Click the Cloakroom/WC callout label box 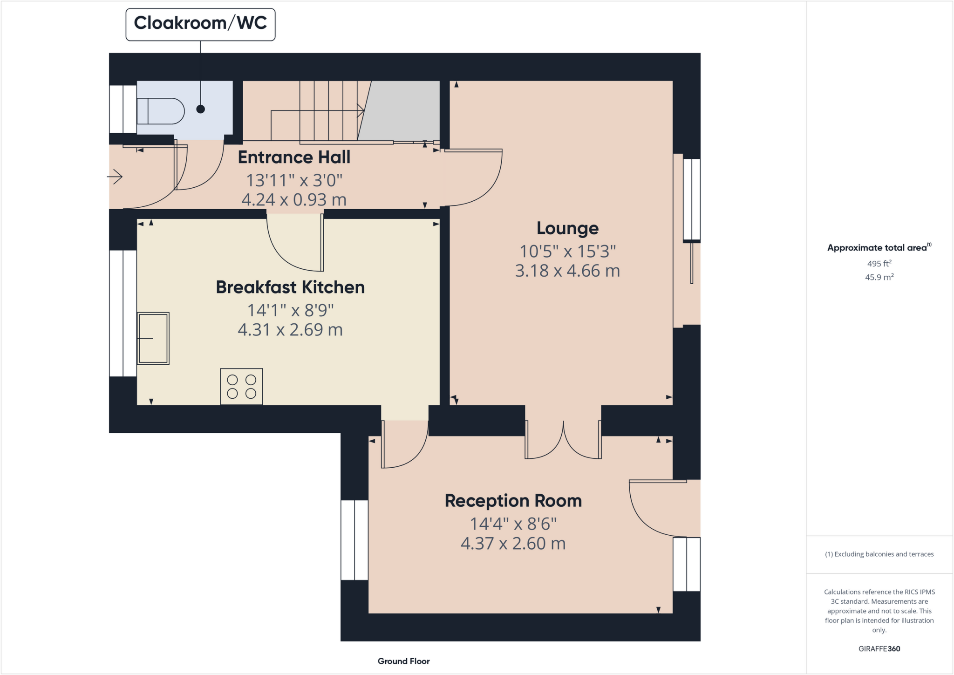pos(200,24)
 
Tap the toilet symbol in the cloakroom pos(161,111)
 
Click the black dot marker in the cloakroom pos(201,109)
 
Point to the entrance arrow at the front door pos(115,177)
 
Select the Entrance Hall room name pos(294,157)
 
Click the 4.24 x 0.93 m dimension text pos(294,200)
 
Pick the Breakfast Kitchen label pos(290,287)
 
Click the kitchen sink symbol pos(153,338)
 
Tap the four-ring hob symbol pos(241,387)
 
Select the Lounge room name pos(567,228)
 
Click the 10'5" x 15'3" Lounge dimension pos(567,252)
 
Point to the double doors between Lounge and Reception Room pos(563,440)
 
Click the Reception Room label pos(513,501)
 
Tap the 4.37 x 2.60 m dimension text pos(513,544)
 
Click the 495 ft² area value pos(879,264)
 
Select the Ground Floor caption pos(403,661)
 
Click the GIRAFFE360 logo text pos(879,648)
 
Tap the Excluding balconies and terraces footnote pos(879,554)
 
